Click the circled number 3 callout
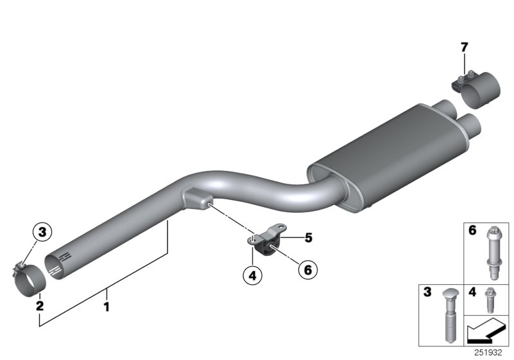point(42,231)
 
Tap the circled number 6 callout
point(306,271)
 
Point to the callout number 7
point(464,47)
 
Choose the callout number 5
point(308,238)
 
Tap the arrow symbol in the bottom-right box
point(485,333)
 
